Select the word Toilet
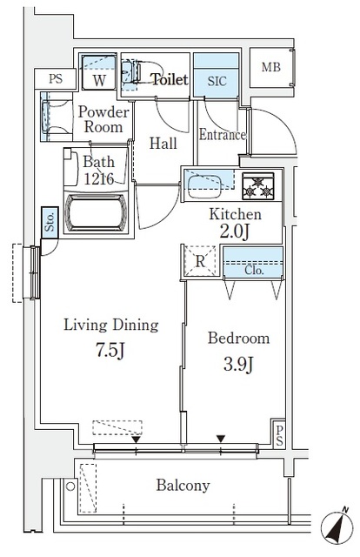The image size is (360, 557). click(x=170, y=79)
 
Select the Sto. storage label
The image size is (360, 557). click(x=49, y=223)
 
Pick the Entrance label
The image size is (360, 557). click(x=223, y=135)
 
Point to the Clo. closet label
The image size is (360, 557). click(x=253, y=270)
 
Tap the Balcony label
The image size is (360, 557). click(x=183, y=486)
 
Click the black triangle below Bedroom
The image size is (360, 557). click(x=221, y=438)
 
